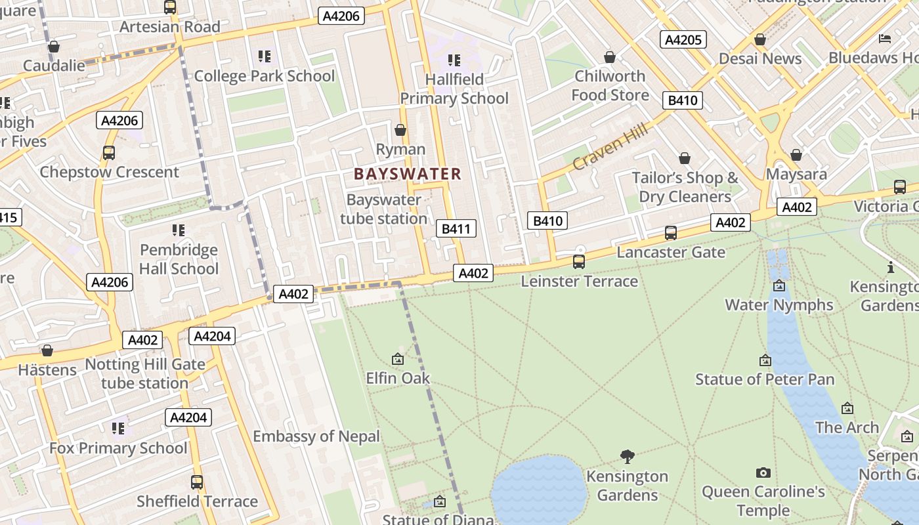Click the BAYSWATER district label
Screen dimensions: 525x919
408,174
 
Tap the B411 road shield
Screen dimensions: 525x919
456,228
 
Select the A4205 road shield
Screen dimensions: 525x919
683,39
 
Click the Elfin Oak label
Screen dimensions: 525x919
398,377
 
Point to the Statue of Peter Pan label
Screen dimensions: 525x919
765,379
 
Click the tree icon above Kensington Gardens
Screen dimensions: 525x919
628,456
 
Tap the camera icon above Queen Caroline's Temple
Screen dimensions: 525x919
763,472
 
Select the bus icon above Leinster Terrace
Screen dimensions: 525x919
579,262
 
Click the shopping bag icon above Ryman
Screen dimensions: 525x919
400,130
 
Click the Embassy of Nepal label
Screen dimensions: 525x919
316,436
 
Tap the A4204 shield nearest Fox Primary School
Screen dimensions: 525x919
188,417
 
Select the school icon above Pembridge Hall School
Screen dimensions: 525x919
179,230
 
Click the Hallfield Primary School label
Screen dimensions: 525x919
454,89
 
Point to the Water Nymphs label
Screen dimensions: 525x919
779,304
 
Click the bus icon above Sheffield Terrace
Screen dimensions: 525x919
197,482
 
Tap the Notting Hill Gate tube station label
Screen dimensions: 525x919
145,373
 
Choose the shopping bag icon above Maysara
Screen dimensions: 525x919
796,156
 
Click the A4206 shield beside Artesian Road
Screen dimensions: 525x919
341,16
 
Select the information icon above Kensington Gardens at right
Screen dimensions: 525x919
891,267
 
